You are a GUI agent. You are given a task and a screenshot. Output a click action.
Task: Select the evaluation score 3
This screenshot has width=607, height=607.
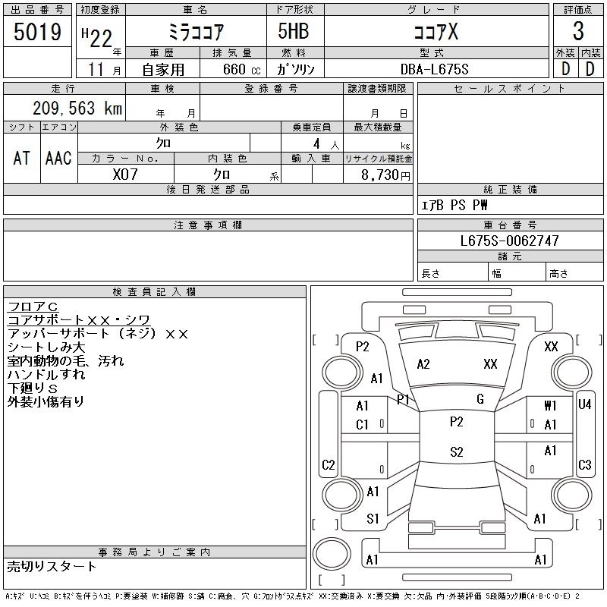[x=578, y=31]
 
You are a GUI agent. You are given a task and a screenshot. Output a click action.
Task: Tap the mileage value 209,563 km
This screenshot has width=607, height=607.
[x=76, y=109]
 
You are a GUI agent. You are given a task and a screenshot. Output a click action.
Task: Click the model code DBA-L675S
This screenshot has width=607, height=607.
[x=435, y=69]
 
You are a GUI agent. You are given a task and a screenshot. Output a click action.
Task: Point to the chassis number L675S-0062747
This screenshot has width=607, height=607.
[x=510, y=241]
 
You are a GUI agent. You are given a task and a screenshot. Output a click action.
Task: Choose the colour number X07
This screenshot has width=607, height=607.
[x=125, y=174]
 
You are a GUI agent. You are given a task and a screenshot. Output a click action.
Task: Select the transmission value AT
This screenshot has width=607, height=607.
[x=21, y=158]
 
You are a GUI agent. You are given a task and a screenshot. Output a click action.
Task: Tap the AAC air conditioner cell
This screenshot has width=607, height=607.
[x=58, y=158]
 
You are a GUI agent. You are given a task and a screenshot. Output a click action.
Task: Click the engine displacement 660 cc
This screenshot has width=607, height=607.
[x=233, y=69]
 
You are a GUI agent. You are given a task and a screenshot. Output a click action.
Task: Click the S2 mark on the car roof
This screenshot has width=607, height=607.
[x=456, y=452]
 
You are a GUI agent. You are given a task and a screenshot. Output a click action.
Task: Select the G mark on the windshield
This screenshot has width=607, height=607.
[x=480, y=399]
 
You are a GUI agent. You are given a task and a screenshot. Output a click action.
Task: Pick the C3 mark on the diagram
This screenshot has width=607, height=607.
[x=584, y=465]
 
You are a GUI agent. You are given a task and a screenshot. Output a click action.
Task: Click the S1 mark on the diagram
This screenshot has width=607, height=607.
[x=373, y=519]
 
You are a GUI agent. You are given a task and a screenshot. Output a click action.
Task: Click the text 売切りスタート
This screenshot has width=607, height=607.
[x=52, y=566]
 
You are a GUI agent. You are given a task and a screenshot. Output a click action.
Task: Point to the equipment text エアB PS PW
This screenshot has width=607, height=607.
[x=454, y=205]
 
